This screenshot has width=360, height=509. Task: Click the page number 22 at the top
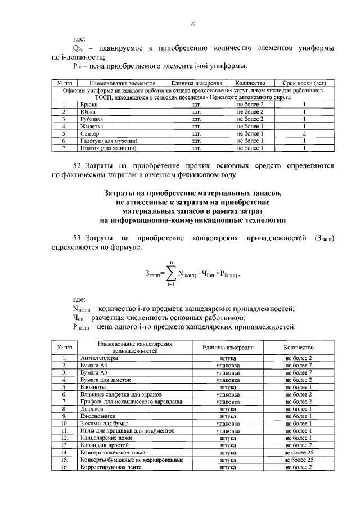(x=192, y=24)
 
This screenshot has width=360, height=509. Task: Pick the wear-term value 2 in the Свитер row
(x=304, y=134)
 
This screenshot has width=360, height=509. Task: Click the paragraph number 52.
(x=76, y=166)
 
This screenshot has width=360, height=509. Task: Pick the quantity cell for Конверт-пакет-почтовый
(x=298, y=452)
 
